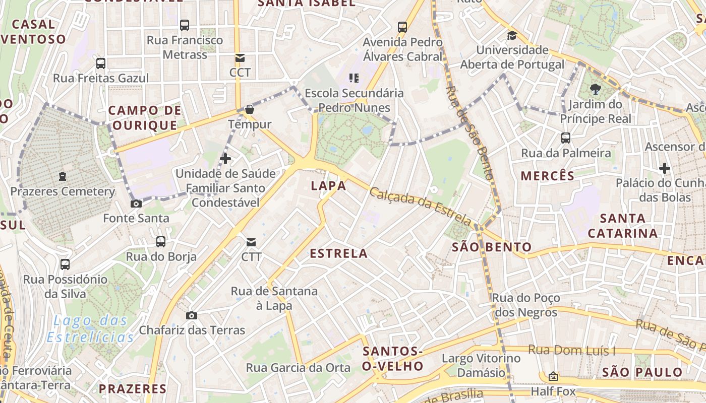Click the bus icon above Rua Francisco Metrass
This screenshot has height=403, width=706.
[185, 25]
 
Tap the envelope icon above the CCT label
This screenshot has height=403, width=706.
[240, 58]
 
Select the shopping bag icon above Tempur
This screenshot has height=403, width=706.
[249, 109]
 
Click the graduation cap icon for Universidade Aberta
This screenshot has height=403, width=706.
[512, 35]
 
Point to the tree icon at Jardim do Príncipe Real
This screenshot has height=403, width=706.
[596, 90]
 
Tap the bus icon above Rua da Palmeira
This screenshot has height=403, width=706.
[566, 138]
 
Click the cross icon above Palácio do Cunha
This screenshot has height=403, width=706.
[664, 168]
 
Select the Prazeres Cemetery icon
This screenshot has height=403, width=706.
[63, 176]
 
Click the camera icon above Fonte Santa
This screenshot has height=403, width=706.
[136, 204]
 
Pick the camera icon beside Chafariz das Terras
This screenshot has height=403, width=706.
[192, 315]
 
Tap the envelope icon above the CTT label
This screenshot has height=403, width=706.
[251, 242]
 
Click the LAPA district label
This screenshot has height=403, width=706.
[328, 185]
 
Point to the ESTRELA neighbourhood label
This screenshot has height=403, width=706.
[338, 253]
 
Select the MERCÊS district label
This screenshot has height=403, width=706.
[548, 176]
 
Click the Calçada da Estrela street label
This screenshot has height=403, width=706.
[420, 206]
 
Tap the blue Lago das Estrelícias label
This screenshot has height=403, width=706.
[91, 328]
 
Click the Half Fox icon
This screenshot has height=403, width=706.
[553, 376]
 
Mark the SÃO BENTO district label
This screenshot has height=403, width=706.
[492, 247]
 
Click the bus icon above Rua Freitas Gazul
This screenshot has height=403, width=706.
[101, 63]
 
